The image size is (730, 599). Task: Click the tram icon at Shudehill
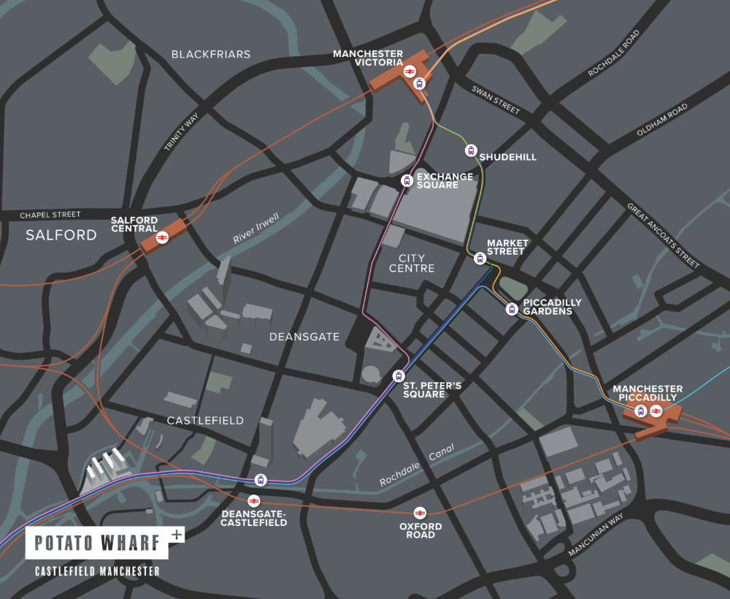pos(471,151)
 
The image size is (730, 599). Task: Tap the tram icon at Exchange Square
pos(407,180)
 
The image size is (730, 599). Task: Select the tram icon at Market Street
pos(480,258)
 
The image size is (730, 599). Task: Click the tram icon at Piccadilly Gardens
pos(512,309)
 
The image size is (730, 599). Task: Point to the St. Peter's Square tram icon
pos(398,376)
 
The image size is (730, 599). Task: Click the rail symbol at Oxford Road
pos(420,513)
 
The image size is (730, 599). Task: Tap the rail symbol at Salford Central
pos(163,237)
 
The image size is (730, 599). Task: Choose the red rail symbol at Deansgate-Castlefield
pos(253,500)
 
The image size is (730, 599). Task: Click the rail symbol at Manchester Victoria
pos(410,71)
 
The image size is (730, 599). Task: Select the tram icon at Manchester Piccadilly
pos(641,411)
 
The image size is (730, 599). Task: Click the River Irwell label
pos(256,229)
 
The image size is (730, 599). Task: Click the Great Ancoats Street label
pos(663,234)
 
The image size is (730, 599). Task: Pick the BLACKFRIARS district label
pos(210,54)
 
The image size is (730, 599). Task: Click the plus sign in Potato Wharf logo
pos(175,534)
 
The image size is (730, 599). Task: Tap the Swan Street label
pos(496,100)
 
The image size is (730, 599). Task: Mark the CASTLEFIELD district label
pos(205,421)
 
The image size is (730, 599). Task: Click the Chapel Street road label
pos(50,215)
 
